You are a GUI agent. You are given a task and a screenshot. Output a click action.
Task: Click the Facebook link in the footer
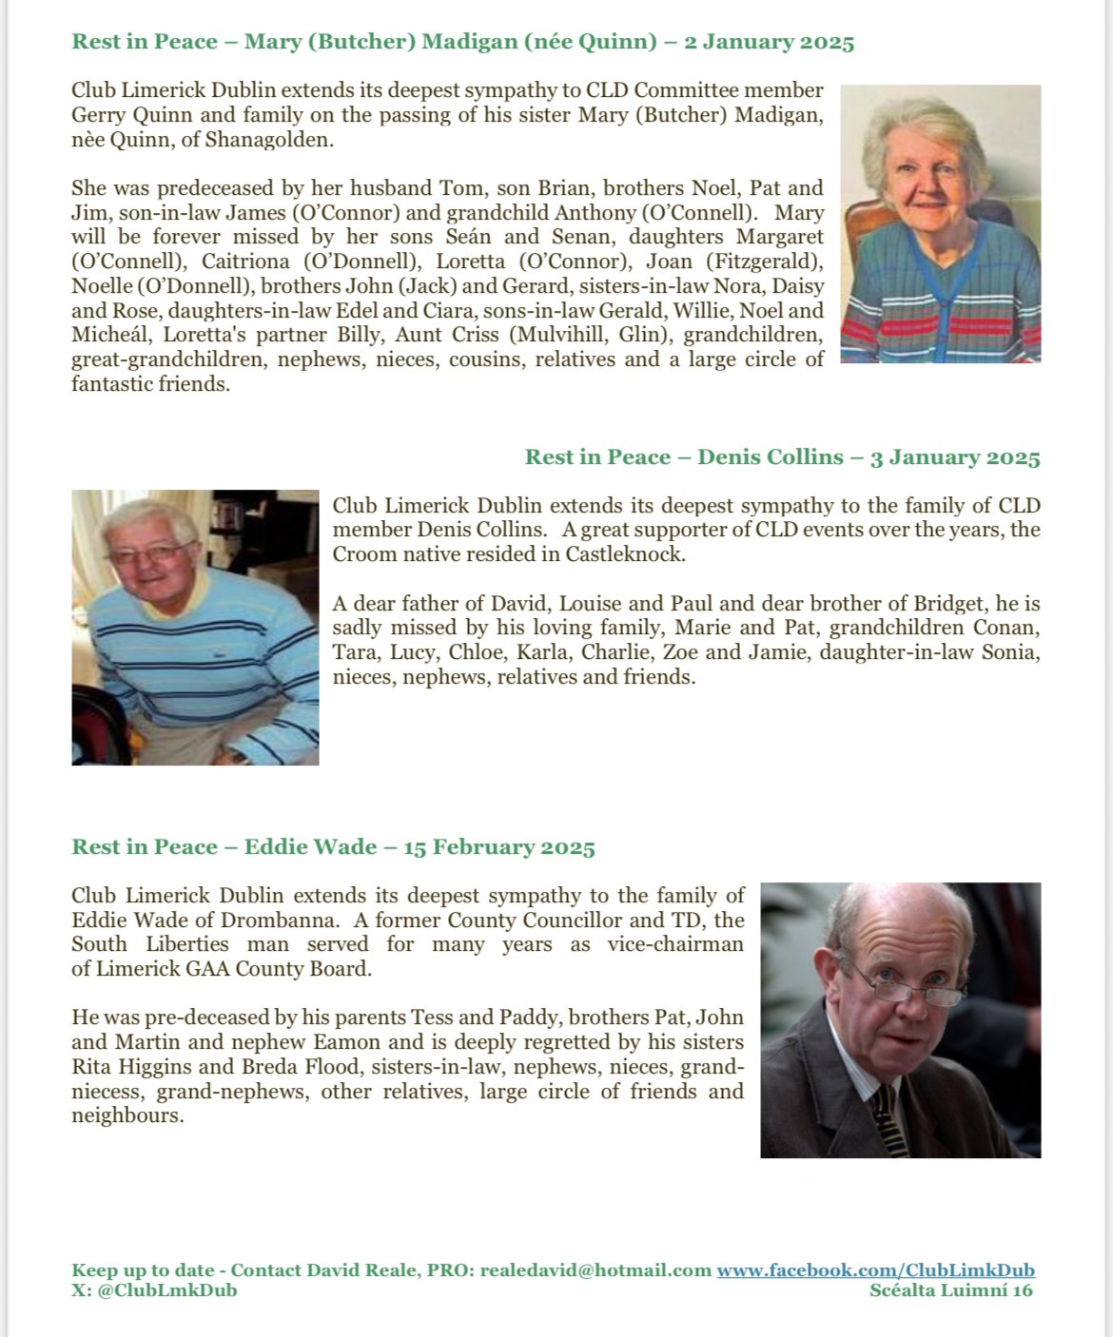click(x=875, y=1270)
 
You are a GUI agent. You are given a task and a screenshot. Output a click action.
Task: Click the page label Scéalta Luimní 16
click(x=950, y=1290)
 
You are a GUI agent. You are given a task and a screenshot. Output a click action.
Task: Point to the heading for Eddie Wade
click(x=333, y=847)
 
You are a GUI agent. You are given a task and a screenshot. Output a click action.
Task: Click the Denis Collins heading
click(x=782, y=457)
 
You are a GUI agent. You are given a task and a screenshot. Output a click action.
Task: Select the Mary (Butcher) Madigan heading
click(x=462, y=42)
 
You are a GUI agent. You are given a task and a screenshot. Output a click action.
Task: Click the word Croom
click(x=363, y=554)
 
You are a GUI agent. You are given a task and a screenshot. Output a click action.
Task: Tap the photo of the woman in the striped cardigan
click(x=940, y=224)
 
